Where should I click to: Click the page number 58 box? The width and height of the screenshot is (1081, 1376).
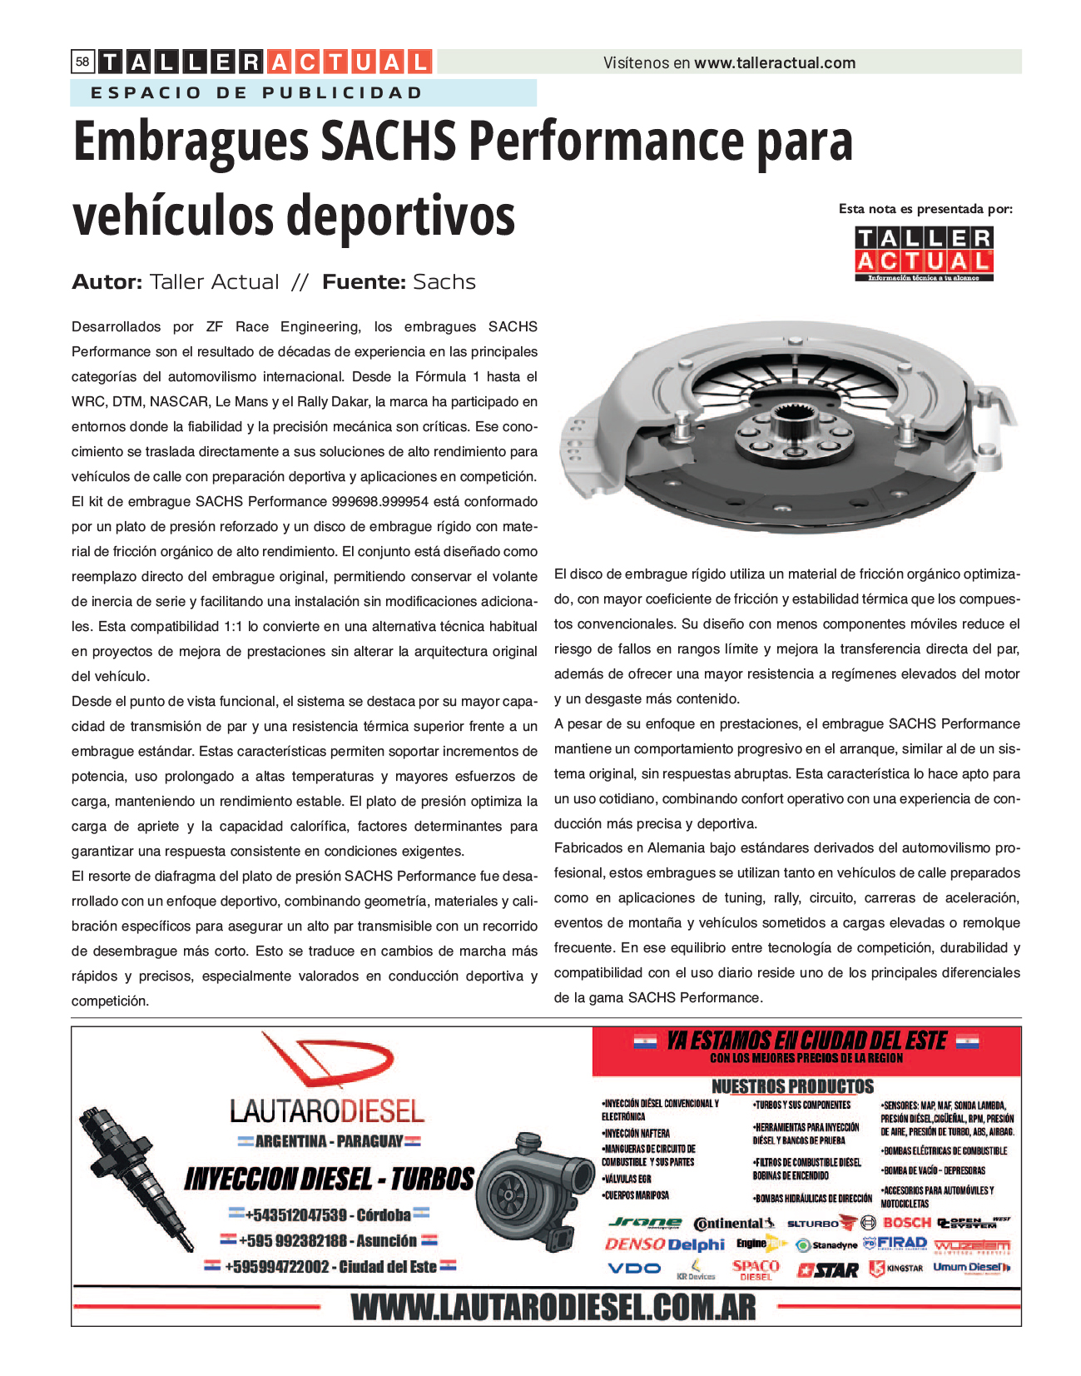pyautogui.click(x=82, y=62)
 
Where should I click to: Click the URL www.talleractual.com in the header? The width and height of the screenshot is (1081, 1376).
pyautogui.click(x=775, y=62)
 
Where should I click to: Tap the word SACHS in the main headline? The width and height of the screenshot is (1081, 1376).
pyautogui.click(x=388, y=142)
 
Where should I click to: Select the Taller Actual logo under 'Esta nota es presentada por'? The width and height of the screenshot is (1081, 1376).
pyautogui.click(x=924, y=254)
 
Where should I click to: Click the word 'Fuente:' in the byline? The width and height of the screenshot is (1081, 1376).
pyautogui.click(x=363, y=282)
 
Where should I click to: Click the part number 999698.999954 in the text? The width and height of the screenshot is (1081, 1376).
pyautogui.click(x=379, y=501)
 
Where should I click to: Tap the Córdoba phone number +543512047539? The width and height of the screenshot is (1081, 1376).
pyautogui.click(x=295, y=1215)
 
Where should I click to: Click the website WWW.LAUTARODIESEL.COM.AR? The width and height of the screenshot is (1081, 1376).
pyautogui.click(x=553, y=1308)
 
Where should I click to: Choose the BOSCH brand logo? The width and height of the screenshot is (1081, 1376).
pyautogui.click(x=906, y=1222)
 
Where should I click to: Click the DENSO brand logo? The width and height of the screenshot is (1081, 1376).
pyautogui.click(x=634, y=1244)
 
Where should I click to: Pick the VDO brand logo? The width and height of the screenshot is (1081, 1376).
pyautogui.click(x=634, y=1269)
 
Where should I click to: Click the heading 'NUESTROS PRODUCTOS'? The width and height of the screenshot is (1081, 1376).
pyautogui.click(x=792, y=1086)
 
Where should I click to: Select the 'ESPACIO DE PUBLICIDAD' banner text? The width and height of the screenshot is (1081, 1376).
pyautogui.click(x=257, y=92)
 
